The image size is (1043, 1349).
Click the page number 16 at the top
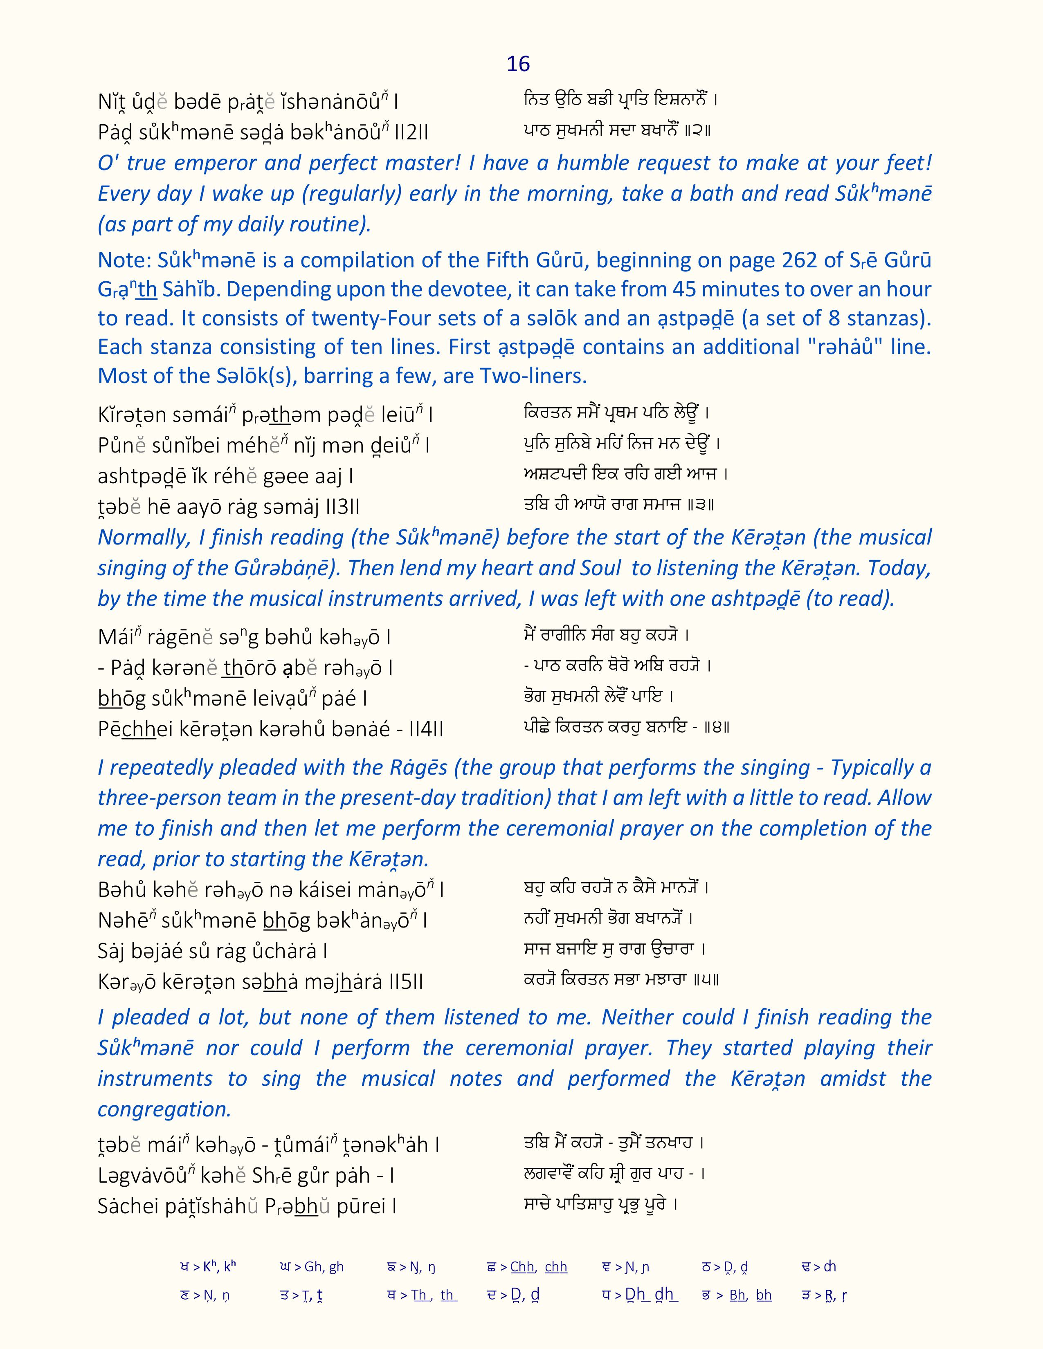pyautogui.click(x=518, y=64)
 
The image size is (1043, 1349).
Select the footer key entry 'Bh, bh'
pyautogui.click(x=750, y=1295)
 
